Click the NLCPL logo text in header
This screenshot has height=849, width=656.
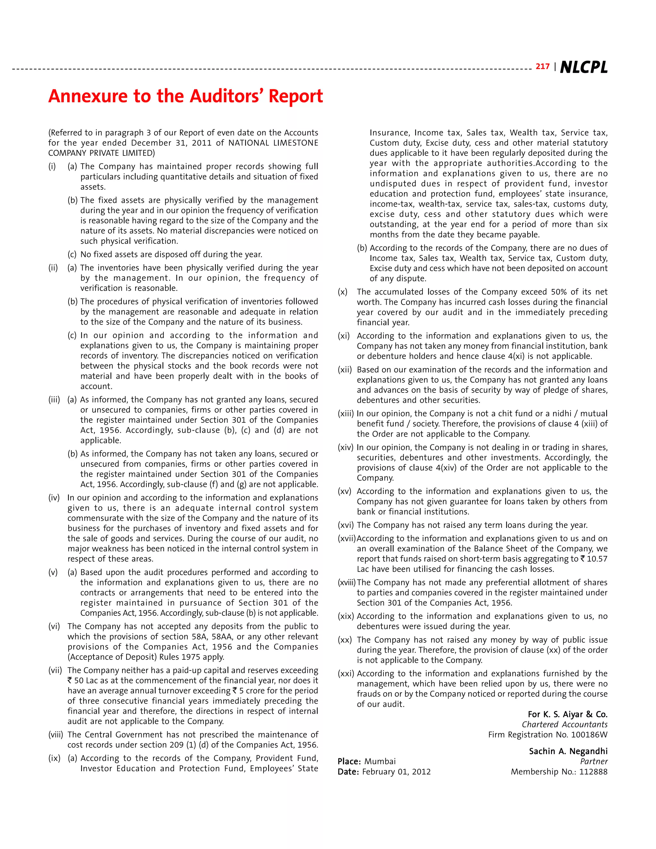[583, 67]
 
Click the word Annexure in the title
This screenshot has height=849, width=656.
[87, 96]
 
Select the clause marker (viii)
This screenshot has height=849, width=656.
[55, 735]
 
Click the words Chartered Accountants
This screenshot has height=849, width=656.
[564, 725]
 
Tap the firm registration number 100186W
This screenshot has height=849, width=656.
[588, 735]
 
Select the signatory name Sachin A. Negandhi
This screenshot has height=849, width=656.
[568, 751]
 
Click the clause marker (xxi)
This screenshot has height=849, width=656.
[346, 674]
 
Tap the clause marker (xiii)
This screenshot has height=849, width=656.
[346, 414]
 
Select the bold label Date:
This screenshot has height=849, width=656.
[348, 772]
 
